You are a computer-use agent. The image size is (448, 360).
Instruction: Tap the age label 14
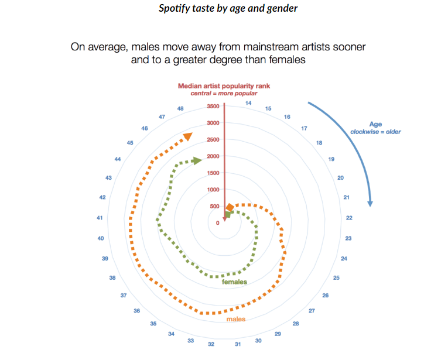[x=248, y=103]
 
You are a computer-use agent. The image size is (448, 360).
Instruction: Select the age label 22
[x=349, y=218]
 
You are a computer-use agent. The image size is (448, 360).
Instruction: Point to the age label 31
[x=238, y=344]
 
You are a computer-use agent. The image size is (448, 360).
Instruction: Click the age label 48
[x=180, y=109]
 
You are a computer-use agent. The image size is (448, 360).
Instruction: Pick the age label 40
[x=101, y=238]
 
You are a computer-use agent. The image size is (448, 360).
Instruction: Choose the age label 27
[x=312, y=310]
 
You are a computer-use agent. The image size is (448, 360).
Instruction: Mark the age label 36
[x=136, y=311]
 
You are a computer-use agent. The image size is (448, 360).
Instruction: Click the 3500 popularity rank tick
[x=213, y=107]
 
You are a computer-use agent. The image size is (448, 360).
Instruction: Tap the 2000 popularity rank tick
[x=213, y=156]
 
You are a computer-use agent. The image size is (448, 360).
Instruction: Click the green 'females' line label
[x=234, y=282]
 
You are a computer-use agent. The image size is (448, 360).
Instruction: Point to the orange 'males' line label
[x=236, y=319]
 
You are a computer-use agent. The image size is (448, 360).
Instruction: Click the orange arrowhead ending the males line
[x=187, y=137]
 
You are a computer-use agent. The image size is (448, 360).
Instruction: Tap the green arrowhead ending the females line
[x=197, y=160]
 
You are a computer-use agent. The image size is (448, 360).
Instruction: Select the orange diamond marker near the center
[x=230, y=208]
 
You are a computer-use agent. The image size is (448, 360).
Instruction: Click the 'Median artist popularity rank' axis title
[x=224, y=86]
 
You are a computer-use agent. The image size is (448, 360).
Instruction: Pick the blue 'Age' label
[x=375, y=124]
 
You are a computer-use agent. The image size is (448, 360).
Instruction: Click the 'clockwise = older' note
[x=375, y=132]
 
